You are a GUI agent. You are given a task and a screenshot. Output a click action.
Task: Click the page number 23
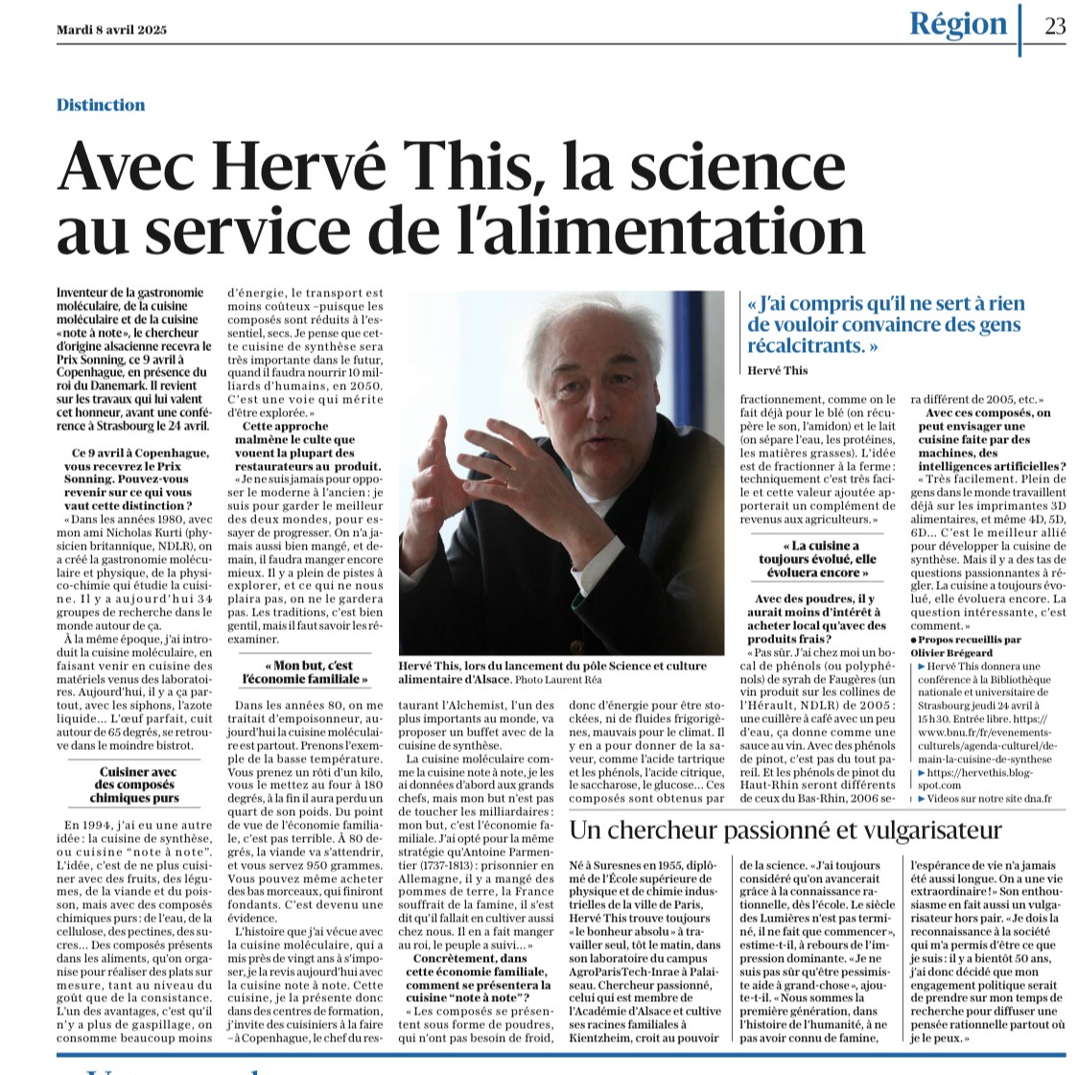[1054, 26]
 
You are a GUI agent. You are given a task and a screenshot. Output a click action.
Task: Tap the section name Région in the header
[958, 24]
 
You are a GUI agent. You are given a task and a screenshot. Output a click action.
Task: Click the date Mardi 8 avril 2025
[111, 30]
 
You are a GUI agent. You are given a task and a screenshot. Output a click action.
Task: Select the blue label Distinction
[101, 105]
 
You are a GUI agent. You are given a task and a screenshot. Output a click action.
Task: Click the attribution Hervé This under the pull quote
[778, 371]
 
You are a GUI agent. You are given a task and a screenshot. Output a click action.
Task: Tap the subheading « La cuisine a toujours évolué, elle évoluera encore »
[818, 559]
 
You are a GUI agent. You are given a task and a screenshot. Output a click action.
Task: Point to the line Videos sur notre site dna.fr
[985, 797]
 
